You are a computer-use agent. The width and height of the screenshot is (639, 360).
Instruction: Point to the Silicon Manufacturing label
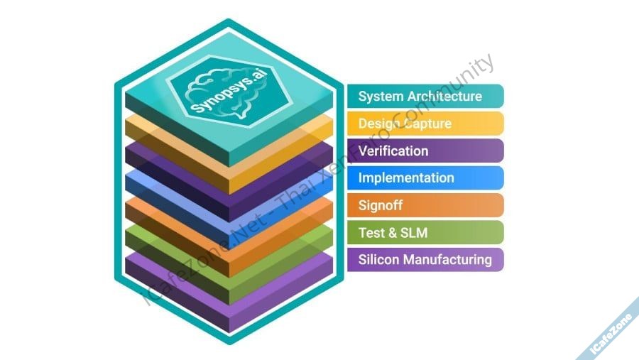pos(425,259)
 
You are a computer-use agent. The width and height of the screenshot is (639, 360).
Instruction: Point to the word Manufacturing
pos(447,259)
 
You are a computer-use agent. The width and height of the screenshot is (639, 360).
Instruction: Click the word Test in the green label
pos(371,232)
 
